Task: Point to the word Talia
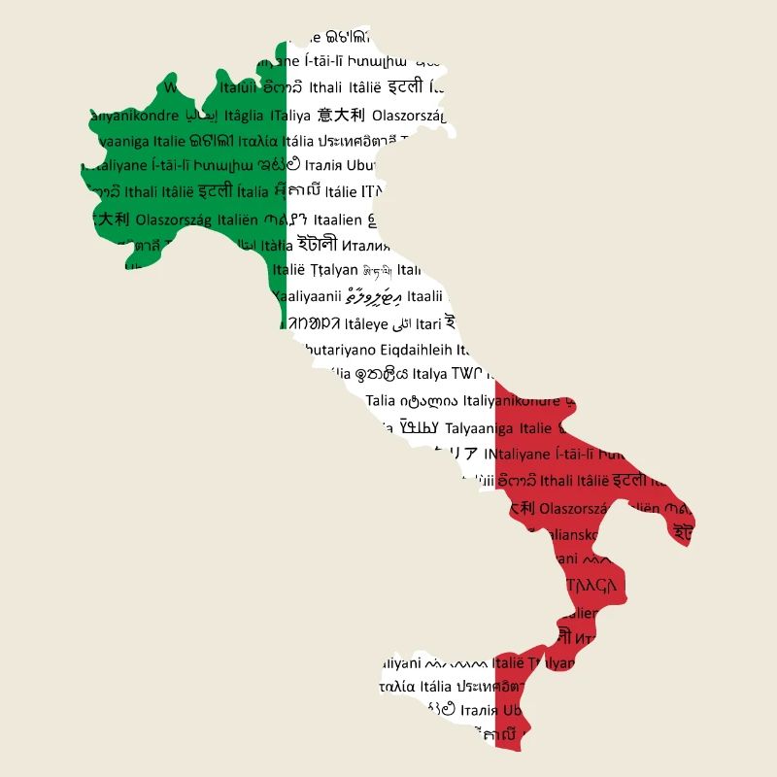point(381,400)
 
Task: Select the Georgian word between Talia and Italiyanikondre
point(427,400)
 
